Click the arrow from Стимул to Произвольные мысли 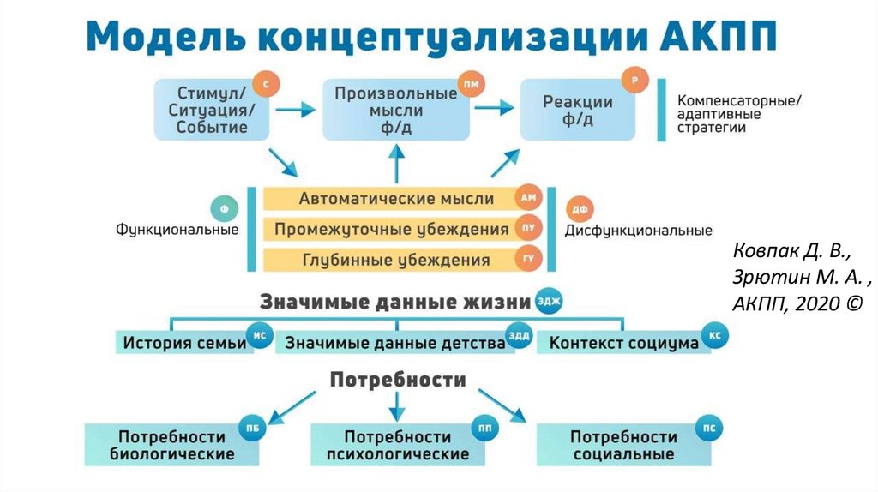[296, 110]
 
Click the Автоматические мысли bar [396, 199]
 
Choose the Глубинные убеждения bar [396, 260]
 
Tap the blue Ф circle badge [224, 208]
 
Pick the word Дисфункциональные [638, 231]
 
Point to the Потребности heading [399, 379]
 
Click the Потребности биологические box [172, 445]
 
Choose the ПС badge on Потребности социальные [708, 427]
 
